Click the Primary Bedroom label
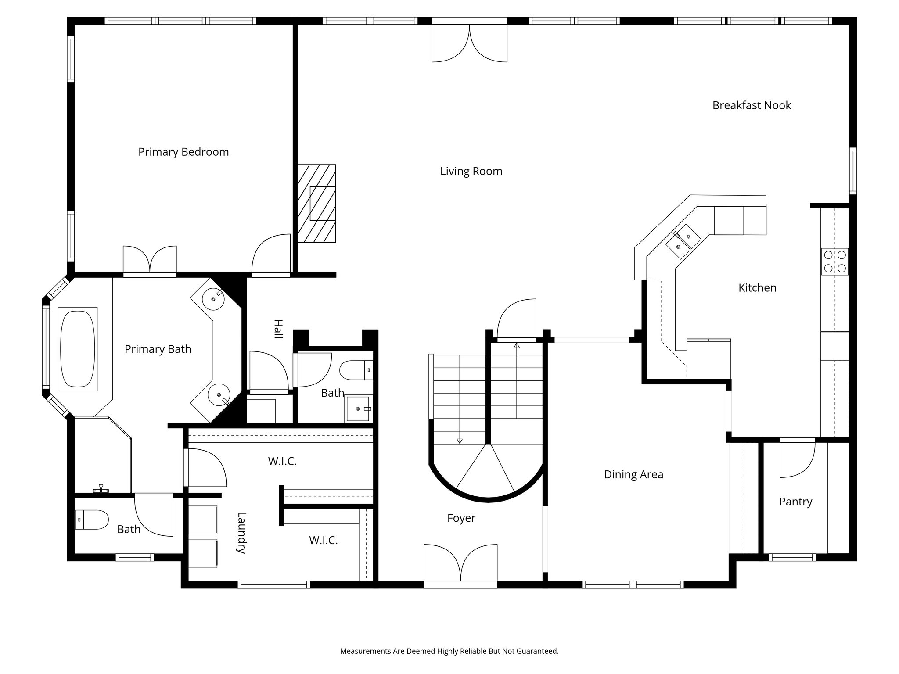click(183, 152)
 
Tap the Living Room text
click(471, 171)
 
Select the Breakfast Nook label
click(752, 105)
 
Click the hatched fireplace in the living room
click(317, 204)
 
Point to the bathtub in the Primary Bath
click(77, 349)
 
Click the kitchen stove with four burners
click(835, 262)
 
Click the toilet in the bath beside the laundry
click(91, 520)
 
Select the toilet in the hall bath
click(356, 370)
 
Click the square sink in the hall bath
click(358, 409)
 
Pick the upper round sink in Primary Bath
click(214, 299)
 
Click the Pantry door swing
click(796, 459)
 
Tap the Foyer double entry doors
click(460, 563)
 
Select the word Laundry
click(241, 533)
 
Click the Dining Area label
click(633, 474)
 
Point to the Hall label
click(278, 329)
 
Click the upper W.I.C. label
click(282, 461)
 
